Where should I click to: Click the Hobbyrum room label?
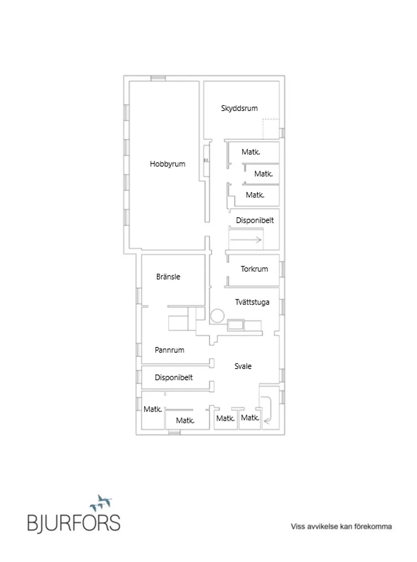pyautogui.click(x=168, y=164)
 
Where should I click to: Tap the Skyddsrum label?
pyautogui.click(x=240, y=108)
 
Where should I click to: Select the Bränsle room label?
pyautogui.click(x=168, y=277)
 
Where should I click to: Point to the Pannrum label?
pyautogui.click(x=169, y=350)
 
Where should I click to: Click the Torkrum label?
pyautogui.click(x=254, y=269)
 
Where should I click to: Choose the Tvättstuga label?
pyautogui.click(x=252, y=302)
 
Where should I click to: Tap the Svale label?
pyautogui.click(x=243, y=366)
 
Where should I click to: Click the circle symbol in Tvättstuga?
pyautogui.click(x=217, y=316)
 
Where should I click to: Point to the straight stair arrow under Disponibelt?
pyautogui.click(x=246, y=240)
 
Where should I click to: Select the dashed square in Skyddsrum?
pyautogui.click(x=271, y=128)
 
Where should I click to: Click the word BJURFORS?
pyautogui.click(x=74, y=523)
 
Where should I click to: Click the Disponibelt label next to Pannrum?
pyautogui.click(x=174, y=377)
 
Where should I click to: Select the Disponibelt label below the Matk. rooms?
pyautogui.click(x=255, y=221)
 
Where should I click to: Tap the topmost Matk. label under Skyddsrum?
pyautogui.click(x=251, y=152)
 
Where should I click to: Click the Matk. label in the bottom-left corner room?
pyautogui.click(x=153, y=409)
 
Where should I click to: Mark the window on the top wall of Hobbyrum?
pyautogui.click(x=158, y=78)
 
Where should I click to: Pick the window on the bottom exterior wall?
pyautogui.click(x=174, y=432)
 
